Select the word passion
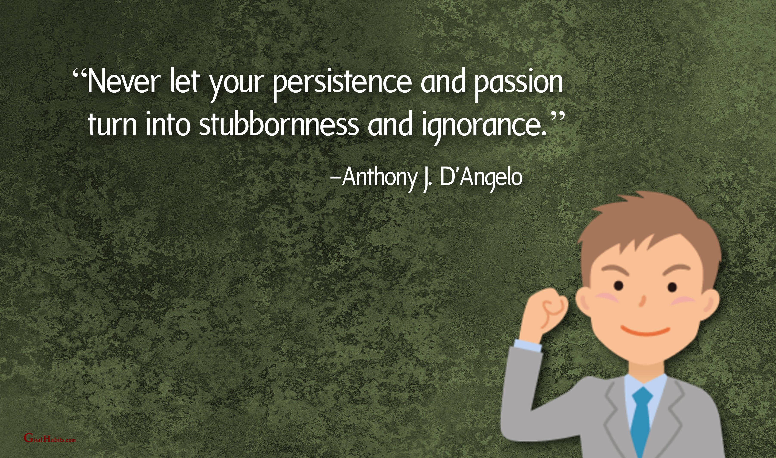(518, 85)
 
